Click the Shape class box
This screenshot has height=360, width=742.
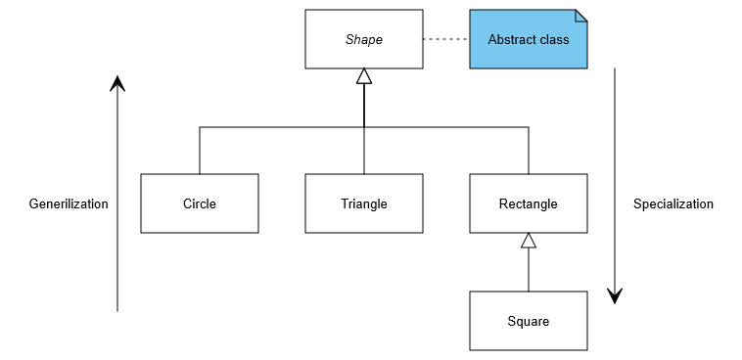click(x=363, y=39)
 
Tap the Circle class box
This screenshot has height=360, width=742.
click(x=200, y=203)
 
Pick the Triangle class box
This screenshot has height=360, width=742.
click(x=364, y=203)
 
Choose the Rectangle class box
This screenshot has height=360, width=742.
click(x=529, y=203)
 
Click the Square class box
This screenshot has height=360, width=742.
click(x=529, y=321)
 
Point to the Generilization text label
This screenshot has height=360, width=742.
click(x=69, y=204)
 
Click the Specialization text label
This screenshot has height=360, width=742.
click(x=673, y=204)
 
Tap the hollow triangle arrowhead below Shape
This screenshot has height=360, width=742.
click(x=364, y=76)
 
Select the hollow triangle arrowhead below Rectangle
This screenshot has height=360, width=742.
click(x=529, y=241)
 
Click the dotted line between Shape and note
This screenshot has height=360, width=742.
click(x=445, y=39)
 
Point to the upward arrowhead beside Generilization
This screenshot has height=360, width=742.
click(x=117, y=83)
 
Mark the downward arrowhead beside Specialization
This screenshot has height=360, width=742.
click(x=615, y=294)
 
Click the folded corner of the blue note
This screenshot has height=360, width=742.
click(x=581, y=16)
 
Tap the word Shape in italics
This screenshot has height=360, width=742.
click(x=364, y=40)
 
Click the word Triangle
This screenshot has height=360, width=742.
click(x=364, y=204)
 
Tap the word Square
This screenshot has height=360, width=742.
click(x=529, y=322)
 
